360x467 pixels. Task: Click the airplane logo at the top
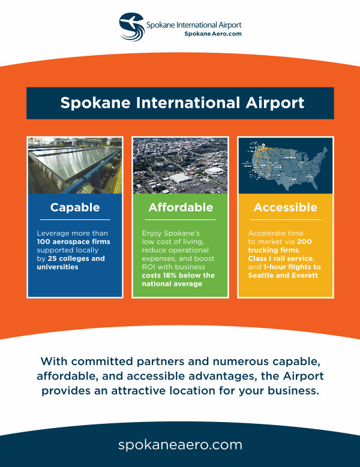(132, 26)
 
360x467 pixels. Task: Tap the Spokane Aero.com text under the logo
(213, 34)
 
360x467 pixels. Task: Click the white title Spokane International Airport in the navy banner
(182, 103)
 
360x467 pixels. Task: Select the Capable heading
(75, 207)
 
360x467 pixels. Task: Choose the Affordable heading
(181, 207)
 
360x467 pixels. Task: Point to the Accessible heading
(286, 207)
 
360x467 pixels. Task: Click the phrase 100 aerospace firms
(73, 242)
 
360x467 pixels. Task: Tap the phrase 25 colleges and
(76, 258)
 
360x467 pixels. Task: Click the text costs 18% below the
(178, 275)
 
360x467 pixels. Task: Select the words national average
(172, 284)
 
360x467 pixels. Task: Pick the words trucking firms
(273, 250)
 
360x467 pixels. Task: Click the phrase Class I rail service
(280, 258)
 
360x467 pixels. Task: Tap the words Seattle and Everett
(283, 275)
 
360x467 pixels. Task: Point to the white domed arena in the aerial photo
(214, 171)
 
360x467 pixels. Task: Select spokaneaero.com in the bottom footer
(180, 445)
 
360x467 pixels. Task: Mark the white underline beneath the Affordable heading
(180, 220)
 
